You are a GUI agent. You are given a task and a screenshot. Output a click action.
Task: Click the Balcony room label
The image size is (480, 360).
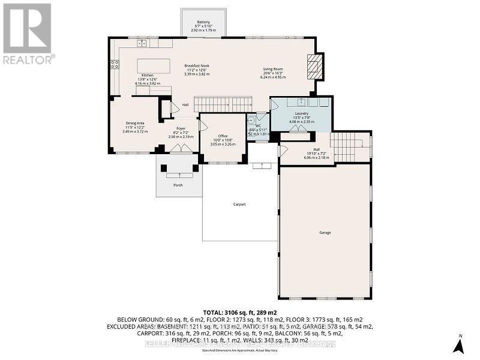point(203,22)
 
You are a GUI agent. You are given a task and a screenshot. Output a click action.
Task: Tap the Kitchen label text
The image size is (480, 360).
point(148,75)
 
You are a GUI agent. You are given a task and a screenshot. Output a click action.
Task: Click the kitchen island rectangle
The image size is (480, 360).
point(153,65)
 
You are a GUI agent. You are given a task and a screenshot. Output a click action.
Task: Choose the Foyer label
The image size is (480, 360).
point(180,128)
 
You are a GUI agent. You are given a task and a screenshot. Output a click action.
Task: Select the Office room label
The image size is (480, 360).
point(222,136)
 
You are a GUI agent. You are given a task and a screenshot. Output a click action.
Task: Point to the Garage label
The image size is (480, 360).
point(325,232)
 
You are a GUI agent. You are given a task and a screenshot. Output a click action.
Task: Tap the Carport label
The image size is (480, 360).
point(239,205)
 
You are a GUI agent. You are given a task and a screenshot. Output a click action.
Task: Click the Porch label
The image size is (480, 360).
point(178,185)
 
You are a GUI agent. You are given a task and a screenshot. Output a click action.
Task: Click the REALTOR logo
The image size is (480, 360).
point(28,34)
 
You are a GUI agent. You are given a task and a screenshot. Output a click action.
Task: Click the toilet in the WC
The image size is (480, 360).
point(252,119)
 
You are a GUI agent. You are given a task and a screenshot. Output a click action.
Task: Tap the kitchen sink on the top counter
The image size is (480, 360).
point(142,43)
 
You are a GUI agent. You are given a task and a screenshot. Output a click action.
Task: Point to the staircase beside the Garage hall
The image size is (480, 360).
point(347,147)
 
